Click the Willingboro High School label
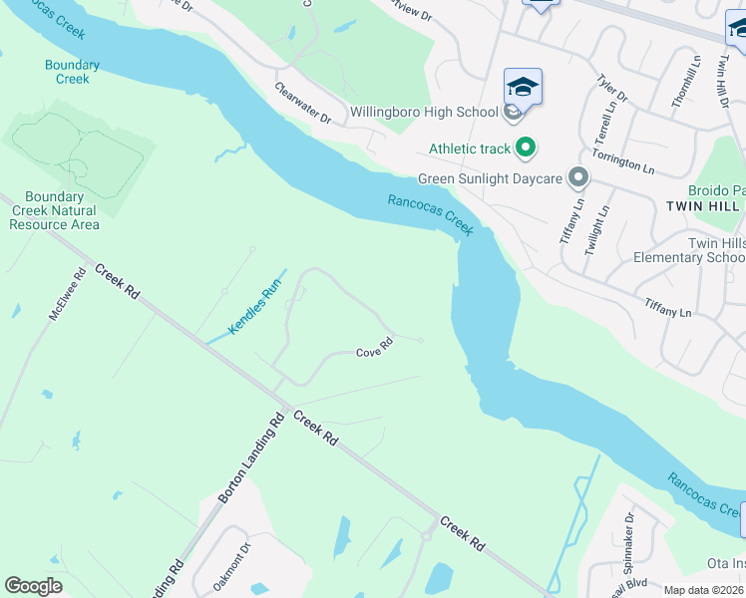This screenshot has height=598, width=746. tap(424, 112)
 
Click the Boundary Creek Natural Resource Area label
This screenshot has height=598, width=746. tap(54, 210)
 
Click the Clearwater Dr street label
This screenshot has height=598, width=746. tap(303, 103)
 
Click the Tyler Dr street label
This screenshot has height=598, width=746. tap(611, 88)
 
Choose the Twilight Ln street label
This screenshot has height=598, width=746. tap(595, 231)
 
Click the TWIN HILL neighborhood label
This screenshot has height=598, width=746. tap(703, 205)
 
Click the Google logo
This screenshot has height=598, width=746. tap(33, 586)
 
